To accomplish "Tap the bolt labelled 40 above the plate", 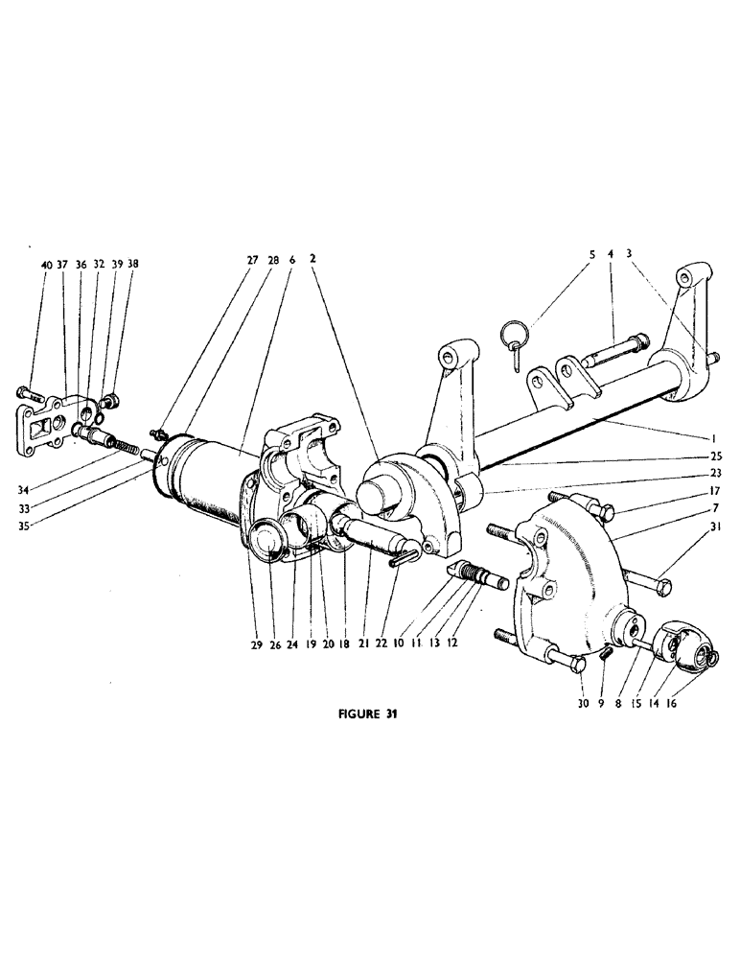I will click(x=25, y=391).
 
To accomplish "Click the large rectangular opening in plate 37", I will click(x=41, y=419).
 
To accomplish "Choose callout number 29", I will click(x=255, y=646).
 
